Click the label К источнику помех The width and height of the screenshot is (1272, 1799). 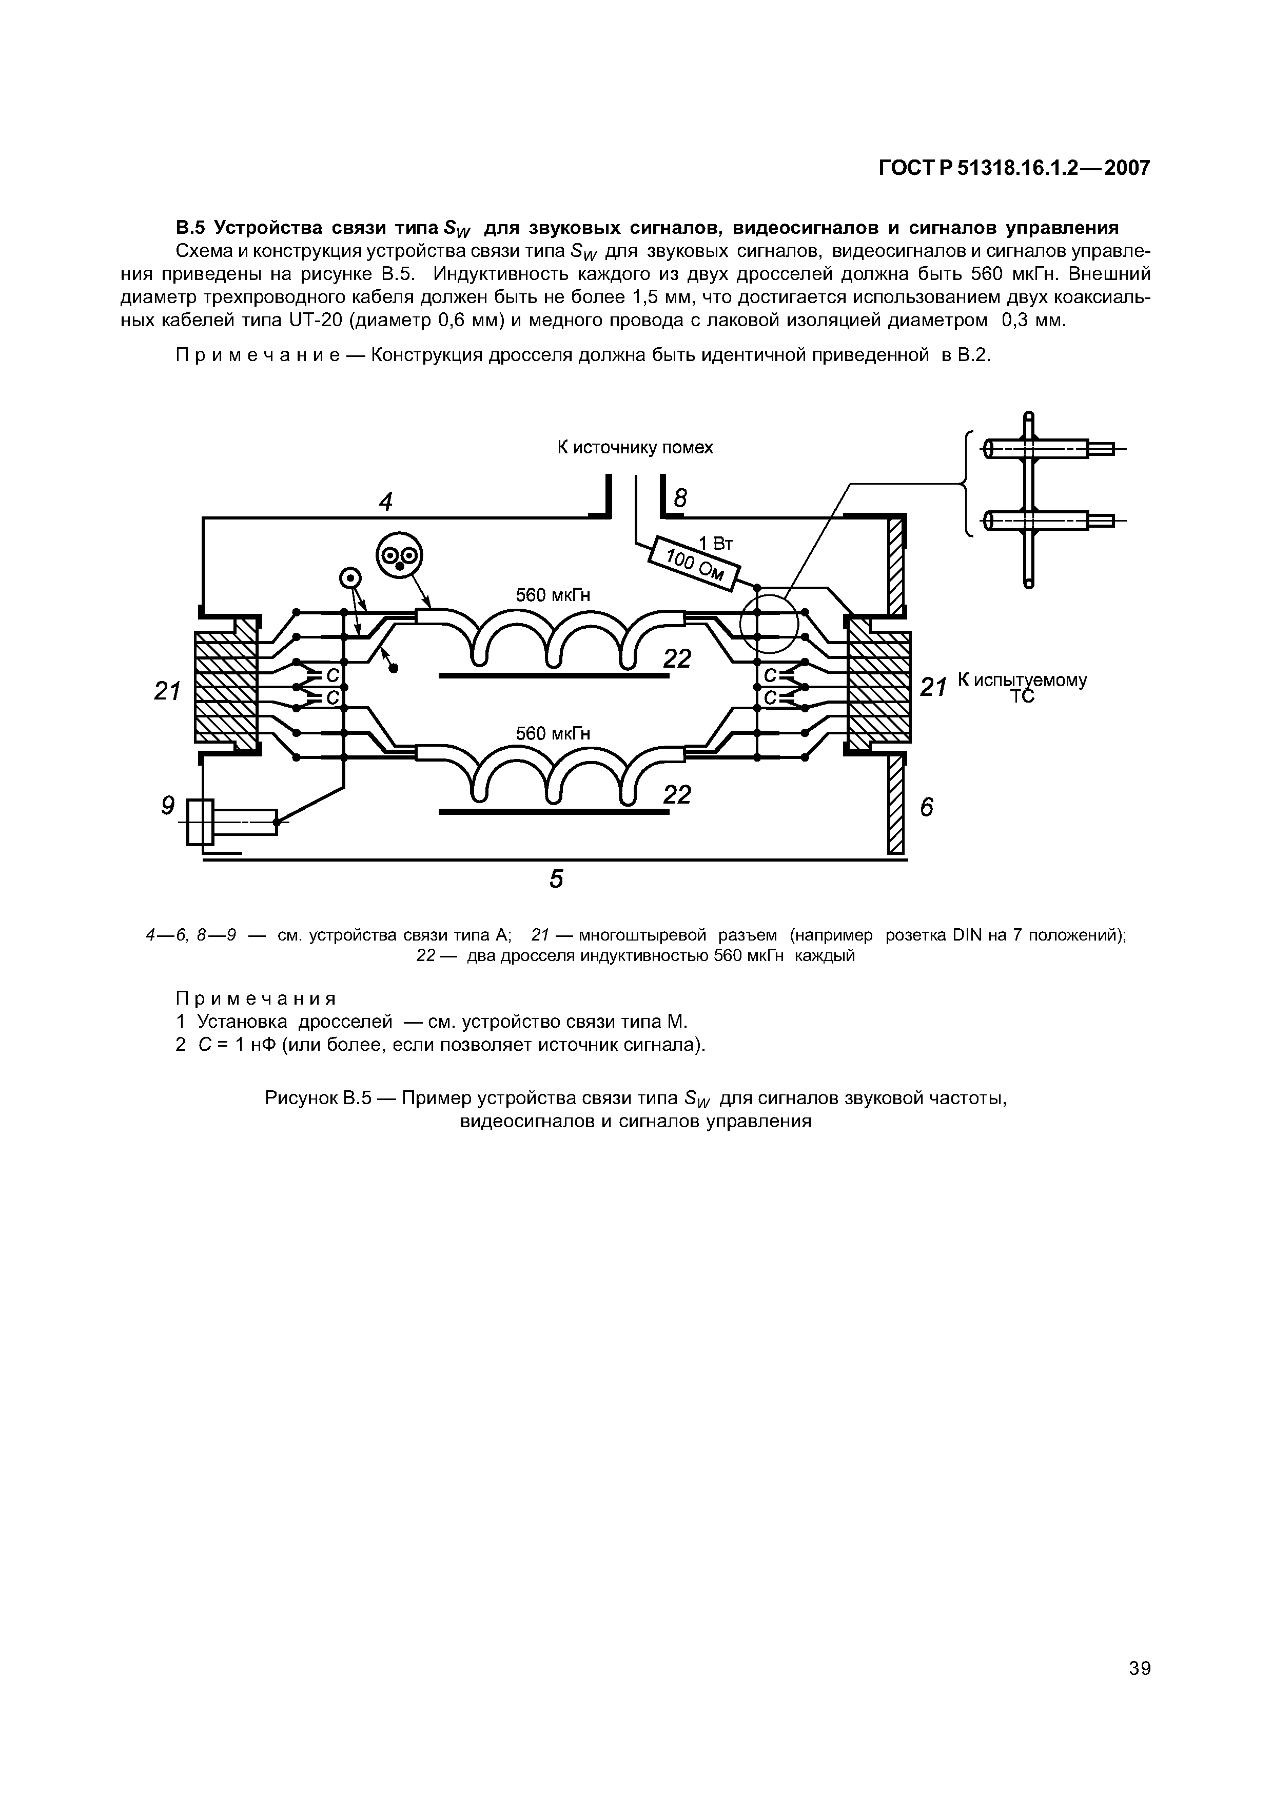(x=635, y=447)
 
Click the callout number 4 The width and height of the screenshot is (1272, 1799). (x=385, y=502)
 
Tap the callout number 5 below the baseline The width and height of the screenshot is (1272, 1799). (x=556, y=879)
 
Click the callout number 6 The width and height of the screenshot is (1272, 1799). (x=926, y=807)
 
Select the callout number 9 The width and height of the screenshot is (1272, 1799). (x=167, y=806)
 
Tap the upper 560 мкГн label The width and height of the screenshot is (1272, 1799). (x=553, y=595)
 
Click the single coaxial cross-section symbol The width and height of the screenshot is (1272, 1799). (x=349, y=579)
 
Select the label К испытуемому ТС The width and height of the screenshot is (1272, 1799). (x=1021, y=687)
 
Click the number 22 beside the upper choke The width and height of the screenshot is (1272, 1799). (x=677, y=659)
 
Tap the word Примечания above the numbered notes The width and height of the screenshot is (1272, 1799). (x=256, y=998)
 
